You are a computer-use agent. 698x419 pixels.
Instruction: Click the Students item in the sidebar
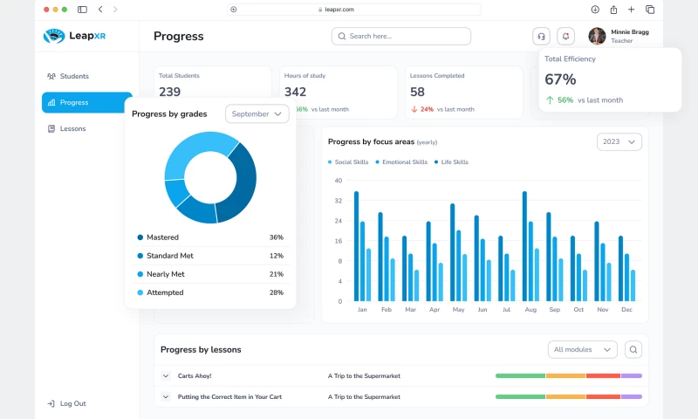74,76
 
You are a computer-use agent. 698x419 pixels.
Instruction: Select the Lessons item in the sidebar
72,128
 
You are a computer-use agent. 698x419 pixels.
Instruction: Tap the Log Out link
72,403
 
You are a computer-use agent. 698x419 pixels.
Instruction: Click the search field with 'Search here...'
401,36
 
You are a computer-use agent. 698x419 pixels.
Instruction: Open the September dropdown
257,113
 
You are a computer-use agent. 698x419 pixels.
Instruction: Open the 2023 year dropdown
619,141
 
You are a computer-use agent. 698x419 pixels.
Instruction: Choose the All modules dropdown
582,349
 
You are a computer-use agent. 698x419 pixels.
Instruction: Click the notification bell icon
566,36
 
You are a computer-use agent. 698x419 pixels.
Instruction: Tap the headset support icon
542,36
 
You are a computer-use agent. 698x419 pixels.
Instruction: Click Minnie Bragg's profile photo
597,36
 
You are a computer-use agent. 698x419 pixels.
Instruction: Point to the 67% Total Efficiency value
561,79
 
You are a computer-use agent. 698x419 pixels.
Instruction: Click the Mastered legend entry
162,237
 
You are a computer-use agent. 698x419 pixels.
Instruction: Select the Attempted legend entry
164,292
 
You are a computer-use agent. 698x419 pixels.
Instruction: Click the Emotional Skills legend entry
404,162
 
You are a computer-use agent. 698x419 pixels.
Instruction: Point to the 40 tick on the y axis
339,181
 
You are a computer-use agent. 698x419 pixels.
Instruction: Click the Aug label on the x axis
530,310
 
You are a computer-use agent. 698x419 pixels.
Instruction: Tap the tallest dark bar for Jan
356,246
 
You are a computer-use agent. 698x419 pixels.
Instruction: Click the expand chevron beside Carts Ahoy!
165,376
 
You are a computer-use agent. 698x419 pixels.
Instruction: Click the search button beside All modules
633,349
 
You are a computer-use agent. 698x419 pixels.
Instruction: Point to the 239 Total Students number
170,92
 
